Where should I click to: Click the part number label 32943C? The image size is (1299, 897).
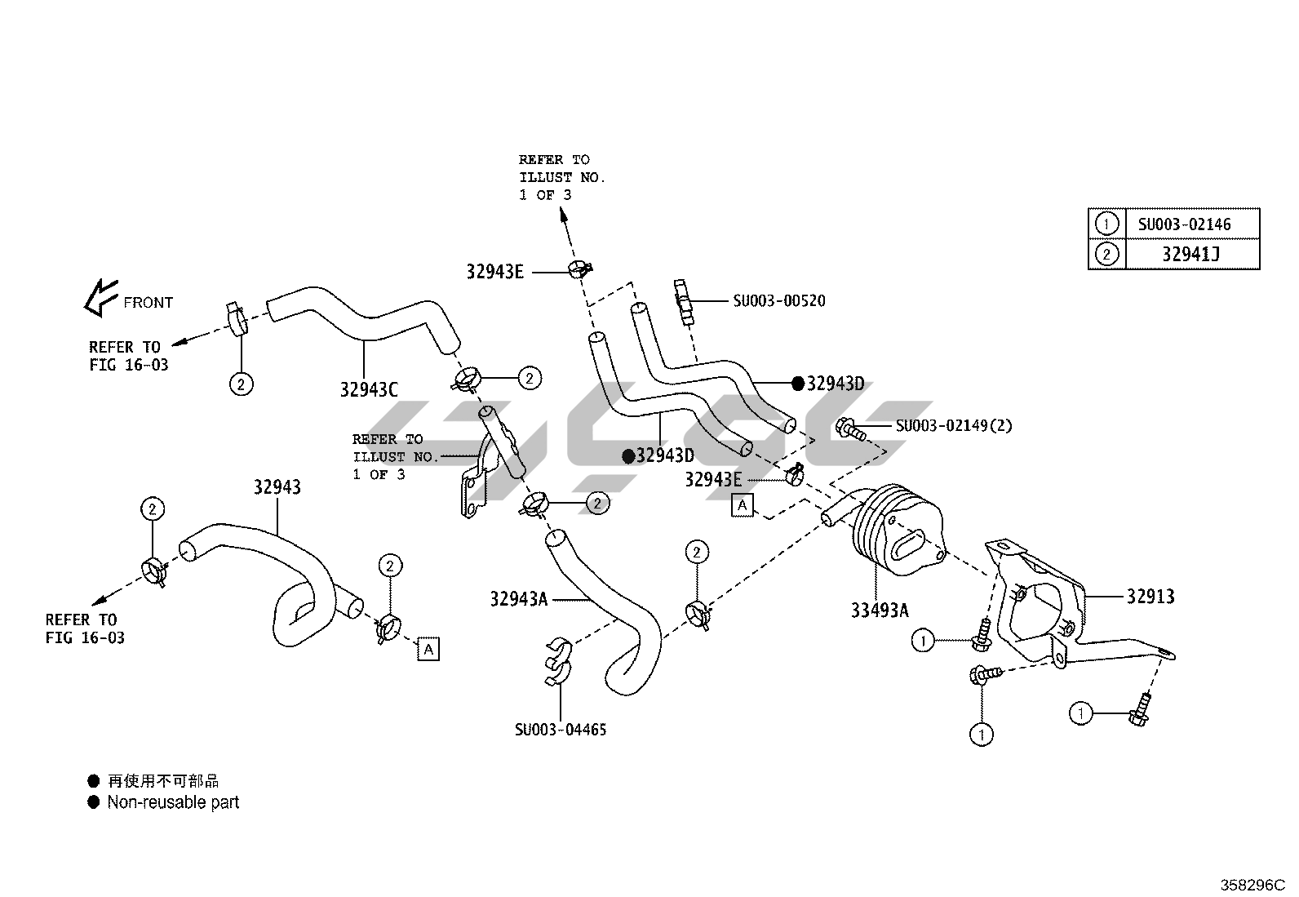click(368, 390)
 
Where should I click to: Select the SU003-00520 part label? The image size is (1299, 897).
click(778, 301)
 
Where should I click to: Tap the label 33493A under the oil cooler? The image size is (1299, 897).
click(880, 610)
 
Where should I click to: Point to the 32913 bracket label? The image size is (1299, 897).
click(1150, 597)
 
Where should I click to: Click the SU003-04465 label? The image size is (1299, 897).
click(561, 730)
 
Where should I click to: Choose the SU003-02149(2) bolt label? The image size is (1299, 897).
click(954, 426)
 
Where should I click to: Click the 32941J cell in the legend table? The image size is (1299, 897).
click(1190, 255)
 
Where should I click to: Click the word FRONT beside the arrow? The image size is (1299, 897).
click(149, 303)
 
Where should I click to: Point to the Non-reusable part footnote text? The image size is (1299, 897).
click(173, 802)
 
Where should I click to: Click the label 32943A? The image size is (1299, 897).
click(519, 599)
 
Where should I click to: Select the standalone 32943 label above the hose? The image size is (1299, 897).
click(277, 487)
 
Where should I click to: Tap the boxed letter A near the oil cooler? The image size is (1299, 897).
click(742, 506)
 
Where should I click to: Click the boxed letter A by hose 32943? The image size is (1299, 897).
click(428, 649)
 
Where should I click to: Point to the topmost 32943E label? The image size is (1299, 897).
click(494, 272)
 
